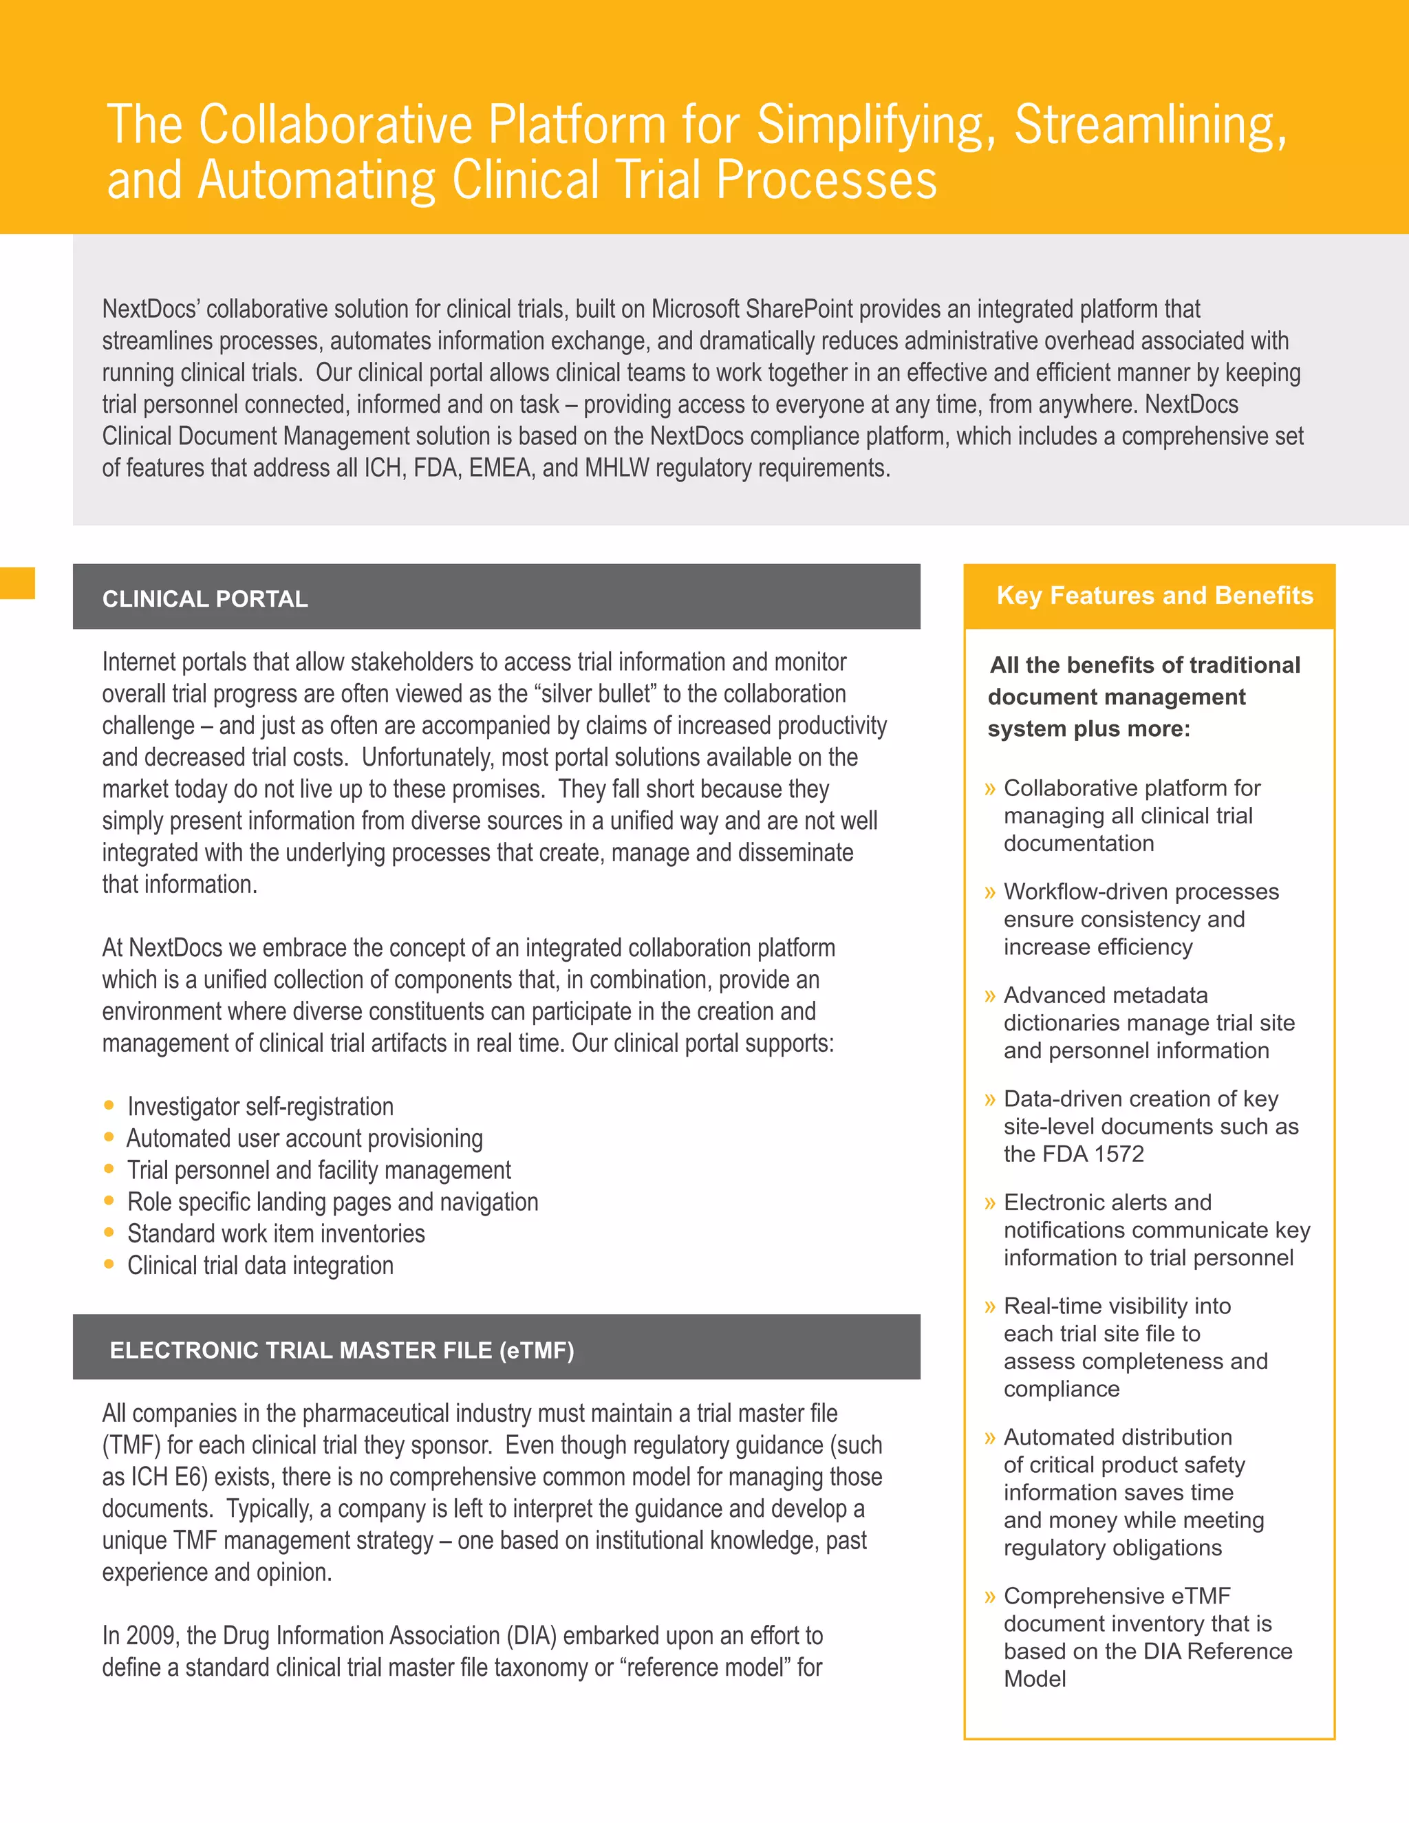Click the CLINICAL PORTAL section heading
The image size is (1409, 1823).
[205, 598]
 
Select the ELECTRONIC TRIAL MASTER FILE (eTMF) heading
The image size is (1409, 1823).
[341, 1350]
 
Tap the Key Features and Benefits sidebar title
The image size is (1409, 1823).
[1154, 595]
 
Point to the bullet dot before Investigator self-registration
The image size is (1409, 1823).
[109, 1105]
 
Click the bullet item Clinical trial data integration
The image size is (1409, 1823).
[259, 1265]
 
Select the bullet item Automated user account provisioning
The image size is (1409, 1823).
[305, 1139]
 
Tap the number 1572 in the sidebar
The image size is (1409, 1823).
[1119, 1154]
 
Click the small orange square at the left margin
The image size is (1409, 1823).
[17, 583]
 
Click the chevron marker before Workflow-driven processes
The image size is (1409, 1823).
[990, 892]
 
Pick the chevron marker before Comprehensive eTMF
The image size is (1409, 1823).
[990, 1597]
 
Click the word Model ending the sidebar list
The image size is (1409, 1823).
[1034, 1679]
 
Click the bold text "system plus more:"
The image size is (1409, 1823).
[1088, 729]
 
